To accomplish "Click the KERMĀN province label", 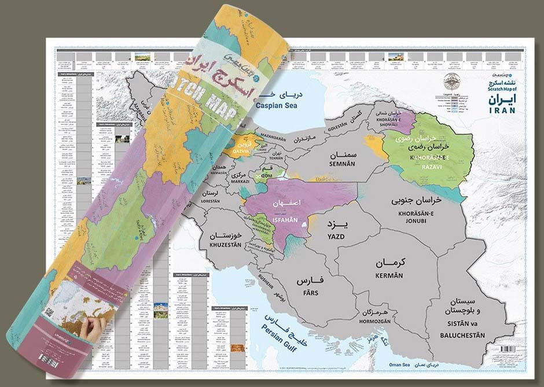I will tap(389, 276).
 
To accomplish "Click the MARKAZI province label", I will tap(240, 181).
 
